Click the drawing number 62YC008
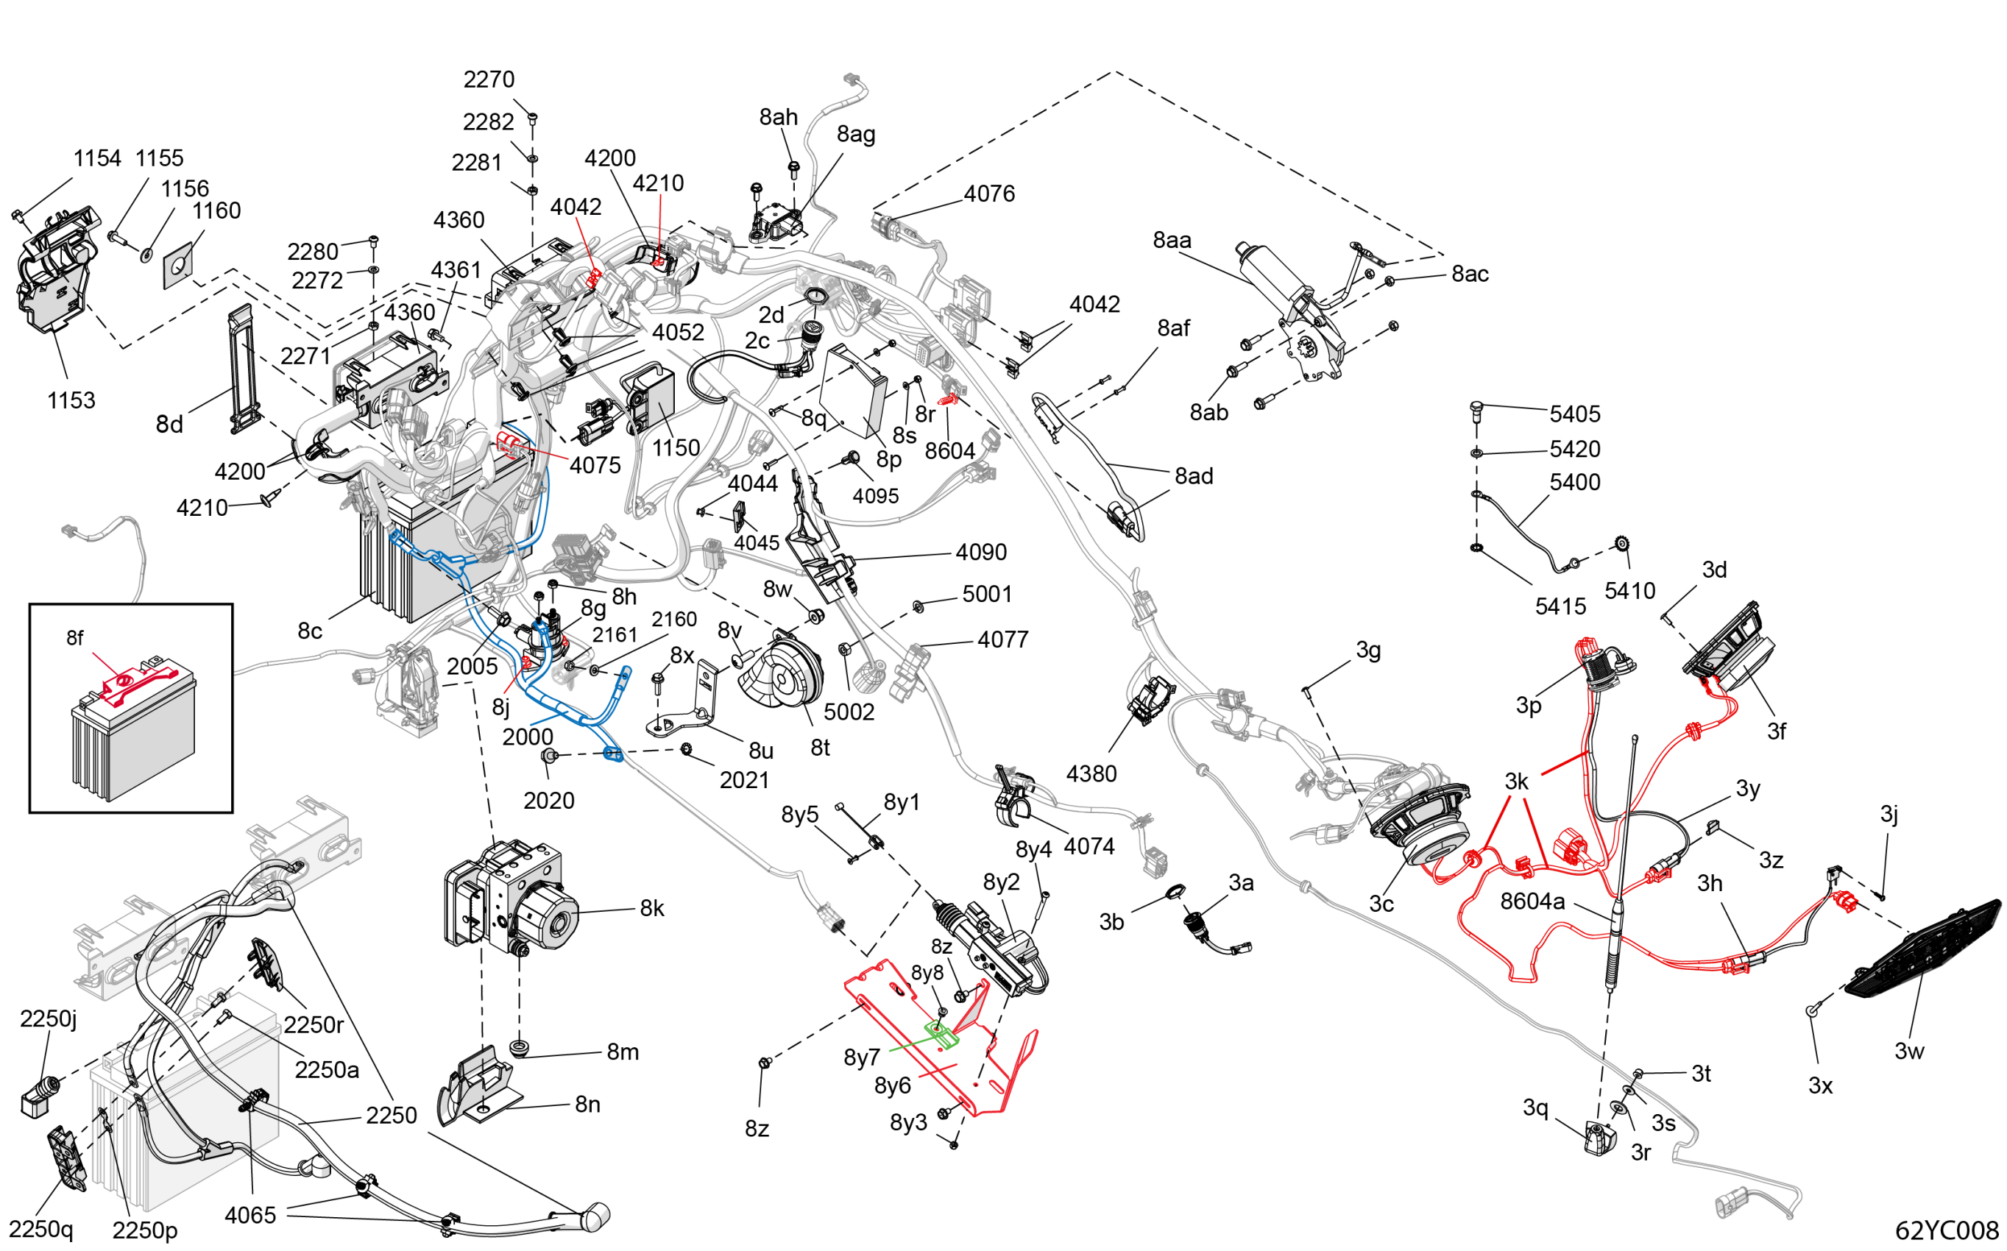(x=1946, y=1230)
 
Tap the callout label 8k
(x=652, y=909)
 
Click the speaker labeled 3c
(x=1420, y=827)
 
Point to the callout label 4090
(x=980, y=552)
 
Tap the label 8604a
(x=1532, y=901)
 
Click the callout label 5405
(x=1574, y=414)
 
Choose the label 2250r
(x=313, y=1024)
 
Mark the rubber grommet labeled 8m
(x=520, y=1049)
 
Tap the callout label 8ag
(x=855, y=134)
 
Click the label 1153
(x=71, y=400)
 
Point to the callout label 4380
(x=1091, y=773)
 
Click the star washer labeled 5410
(x=1621, y=544)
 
